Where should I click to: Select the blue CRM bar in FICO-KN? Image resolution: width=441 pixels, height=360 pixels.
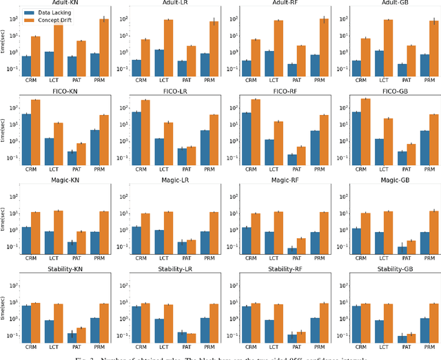click(x=26, y=138)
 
